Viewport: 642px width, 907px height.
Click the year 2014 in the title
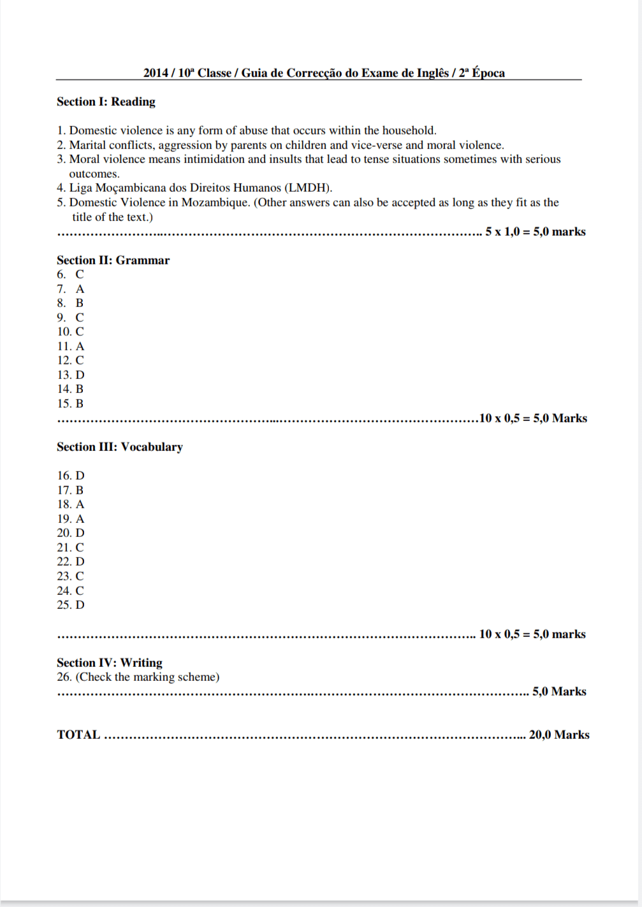pos(156,73)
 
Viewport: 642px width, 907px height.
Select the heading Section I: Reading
pos(106,102)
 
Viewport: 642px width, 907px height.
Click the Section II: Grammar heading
pos(113,261)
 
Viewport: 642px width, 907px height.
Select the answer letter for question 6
pos(80,275)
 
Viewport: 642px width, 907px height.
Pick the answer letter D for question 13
pos(80,375)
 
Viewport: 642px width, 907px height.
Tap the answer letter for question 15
pos(80,404)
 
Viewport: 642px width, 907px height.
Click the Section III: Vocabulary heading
pos(119,447)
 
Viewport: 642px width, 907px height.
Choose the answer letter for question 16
pos(80,476)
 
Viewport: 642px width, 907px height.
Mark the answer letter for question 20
pos(80,533)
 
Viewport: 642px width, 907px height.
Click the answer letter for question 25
pos(80,605)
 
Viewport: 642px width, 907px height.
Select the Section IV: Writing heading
pos(109,663)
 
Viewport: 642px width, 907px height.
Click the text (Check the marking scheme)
pos(147,677)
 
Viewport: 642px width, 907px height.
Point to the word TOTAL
pos(78,735)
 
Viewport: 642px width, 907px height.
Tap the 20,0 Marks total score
pos(559,735)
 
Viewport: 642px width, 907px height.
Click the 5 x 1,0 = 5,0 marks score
pos(535,232)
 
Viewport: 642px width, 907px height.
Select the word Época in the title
pos(488,73)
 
